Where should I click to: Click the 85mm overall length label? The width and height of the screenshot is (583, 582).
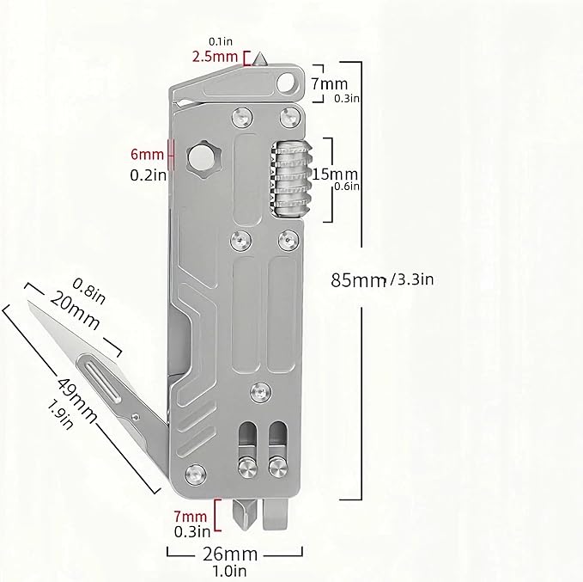pos(358,280)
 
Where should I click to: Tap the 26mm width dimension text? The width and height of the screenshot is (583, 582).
pos(230,554)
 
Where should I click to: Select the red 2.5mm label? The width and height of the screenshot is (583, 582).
pos(215,57)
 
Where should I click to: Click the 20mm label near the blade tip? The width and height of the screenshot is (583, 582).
pos(75,310)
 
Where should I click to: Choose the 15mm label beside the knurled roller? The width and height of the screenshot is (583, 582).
pos(335,174)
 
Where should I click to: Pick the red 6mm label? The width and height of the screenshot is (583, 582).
pos(147,154)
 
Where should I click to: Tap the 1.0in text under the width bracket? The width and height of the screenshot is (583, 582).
pos(230,571)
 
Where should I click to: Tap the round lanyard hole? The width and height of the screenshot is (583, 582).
pos(286,83)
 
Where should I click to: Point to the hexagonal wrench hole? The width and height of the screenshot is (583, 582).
pos(203,159)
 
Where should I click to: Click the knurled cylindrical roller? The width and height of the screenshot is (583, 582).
pos(290,178)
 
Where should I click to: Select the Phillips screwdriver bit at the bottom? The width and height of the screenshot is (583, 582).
pos(246,515)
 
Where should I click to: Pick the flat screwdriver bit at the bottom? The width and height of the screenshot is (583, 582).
pos(276,514)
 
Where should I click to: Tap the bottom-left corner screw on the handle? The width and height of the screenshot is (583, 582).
pos(196,475)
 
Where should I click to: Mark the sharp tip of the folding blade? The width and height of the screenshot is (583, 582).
pos(28,302)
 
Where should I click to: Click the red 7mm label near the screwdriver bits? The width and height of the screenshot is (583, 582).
pos(191,517)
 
